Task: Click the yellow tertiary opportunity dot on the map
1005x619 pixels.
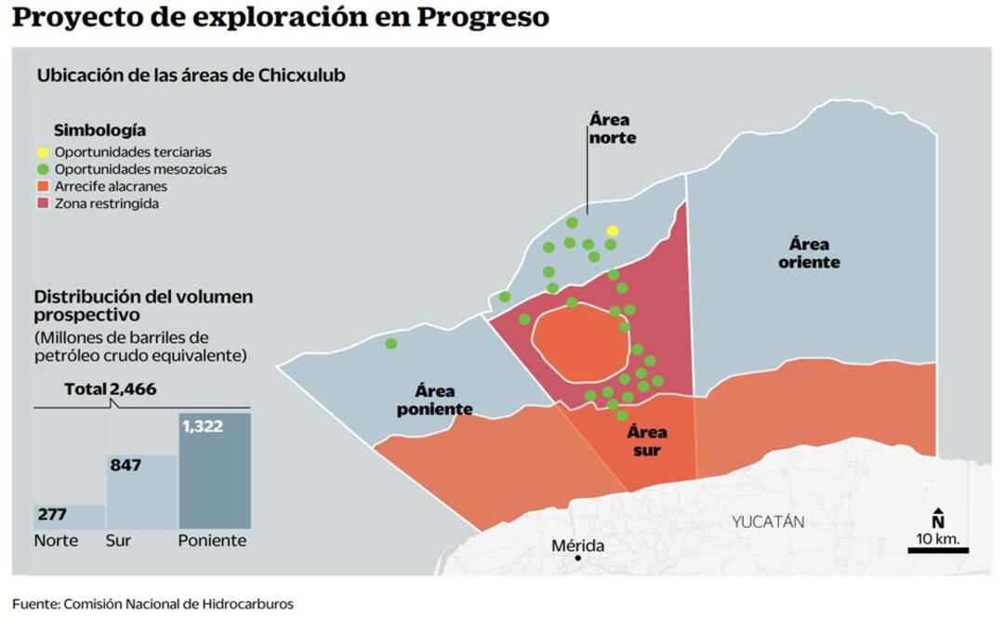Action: click(x=612, y=230)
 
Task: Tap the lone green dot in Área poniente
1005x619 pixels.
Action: click(x=391, y=344)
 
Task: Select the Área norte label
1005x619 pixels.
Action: click(x=610, y=128)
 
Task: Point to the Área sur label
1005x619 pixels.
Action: click(x=646, y=441)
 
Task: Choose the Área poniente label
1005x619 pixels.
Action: click(x=434, y=400)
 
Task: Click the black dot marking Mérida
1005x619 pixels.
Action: click(x=577, y=559)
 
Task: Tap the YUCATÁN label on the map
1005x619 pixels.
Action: click(x=767, y=521)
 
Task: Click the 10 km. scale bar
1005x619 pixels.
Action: click(x=938, y=550)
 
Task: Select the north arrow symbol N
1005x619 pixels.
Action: click(x=938, y=520)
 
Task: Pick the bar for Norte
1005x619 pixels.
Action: click(x=69, y=517)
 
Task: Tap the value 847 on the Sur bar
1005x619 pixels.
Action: click(x=125, y=465)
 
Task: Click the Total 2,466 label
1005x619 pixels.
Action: click(x=110, y=389)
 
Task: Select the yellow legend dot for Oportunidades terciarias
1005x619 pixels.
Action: click(x=43, y=152)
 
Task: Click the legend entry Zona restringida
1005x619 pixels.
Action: click(x=106, y=204)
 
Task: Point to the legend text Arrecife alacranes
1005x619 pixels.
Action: click(x=111, y=187)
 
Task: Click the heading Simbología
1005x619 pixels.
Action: click(x=99, y=130)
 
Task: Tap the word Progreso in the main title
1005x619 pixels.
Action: click(x=481, y=17)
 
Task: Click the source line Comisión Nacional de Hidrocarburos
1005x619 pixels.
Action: click(x=178, y=604)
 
